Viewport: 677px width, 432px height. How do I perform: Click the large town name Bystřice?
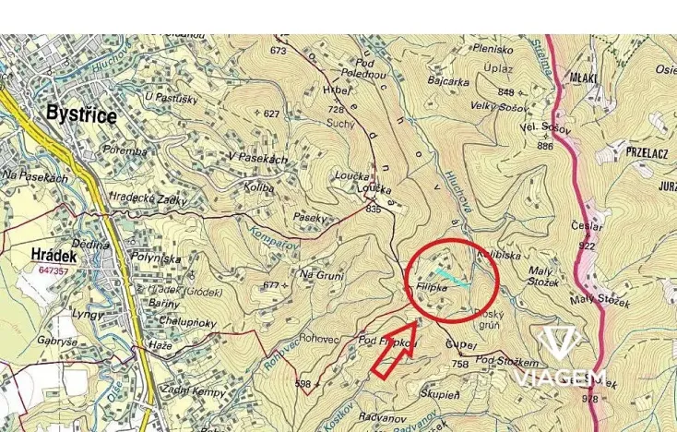[82, 115]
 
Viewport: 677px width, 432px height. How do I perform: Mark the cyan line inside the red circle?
[452, 279]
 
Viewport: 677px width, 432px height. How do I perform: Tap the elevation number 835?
[373, 210]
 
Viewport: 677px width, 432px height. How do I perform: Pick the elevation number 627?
[270, 114]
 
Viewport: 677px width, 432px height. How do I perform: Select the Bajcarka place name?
[449, 81]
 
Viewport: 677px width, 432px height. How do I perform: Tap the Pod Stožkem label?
[506, 359]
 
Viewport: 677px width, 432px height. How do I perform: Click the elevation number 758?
[459, 365]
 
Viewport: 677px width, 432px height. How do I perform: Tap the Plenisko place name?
[493, 49]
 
